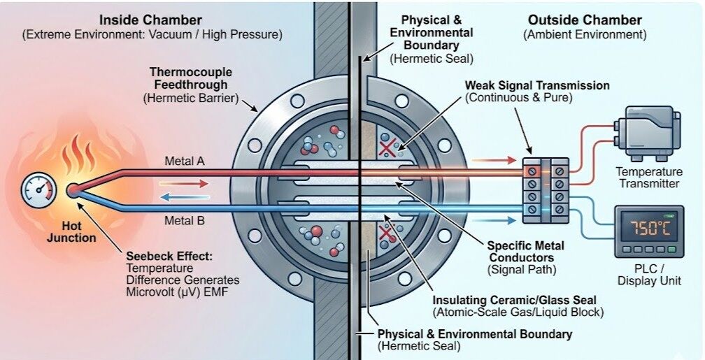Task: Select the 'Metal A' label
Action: (184, 161)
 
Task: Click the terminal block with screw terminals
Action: (546, 189)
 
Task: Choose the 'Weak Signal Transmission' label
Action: (537, 85)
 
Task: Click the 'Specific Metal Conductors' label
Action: (526, 251)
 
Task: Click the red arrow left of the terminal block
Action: (490, 161)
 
